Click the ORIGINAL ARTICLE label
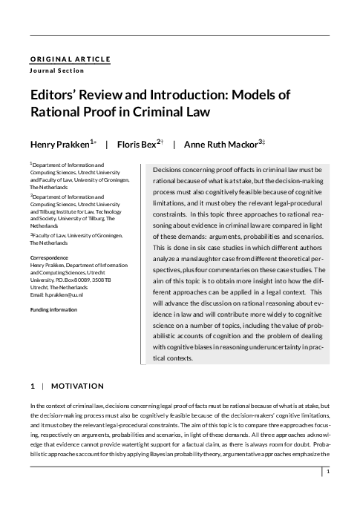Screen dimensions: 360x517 70,59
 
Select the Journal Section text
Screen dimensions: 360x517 57,70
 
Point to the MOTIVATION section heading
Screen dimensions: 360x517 78,386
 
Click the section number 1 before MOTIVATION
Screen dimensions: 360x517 32,386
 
